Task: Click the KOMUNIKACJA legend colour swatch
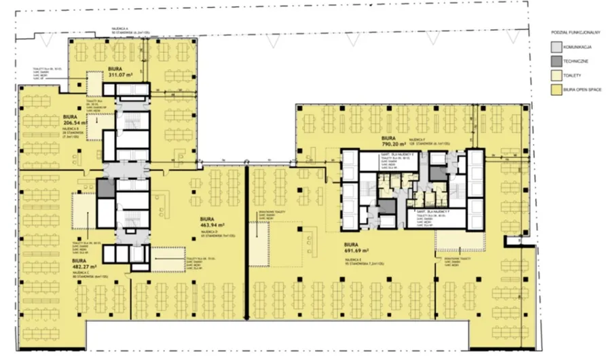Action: [556, 47]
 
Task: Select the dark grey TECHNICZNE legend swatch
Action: [556, 61]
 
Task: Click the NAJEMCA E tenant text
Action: [356, 260]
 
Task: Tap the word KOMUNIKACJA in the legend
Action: [582, 47]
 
